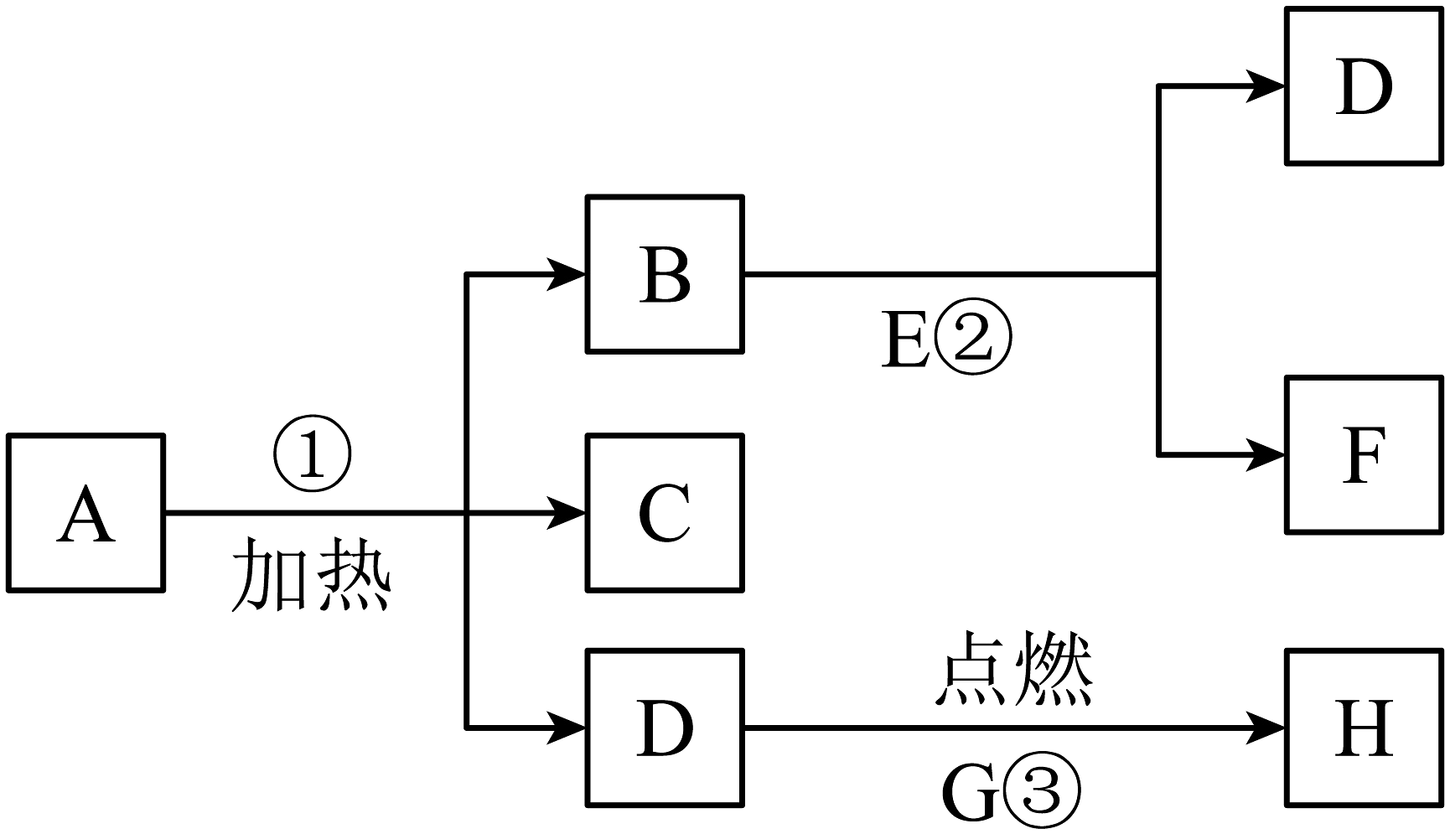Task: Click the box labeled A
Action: [x=85, y=513]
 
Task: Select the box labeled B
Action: [x=665, y=274]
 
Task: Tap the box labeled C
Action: [x=665, y=513]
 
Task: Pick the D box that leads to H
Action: [x=665, y=728]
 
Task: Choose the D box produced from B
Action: [x=1364, y=85]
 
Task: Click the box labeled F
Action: [x=1364, y=455]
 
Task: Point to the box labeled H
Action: [x=1364, y=728]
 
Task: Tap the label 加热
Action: [x=311, y=574]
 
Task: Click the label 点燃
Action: [x=1013, y=671]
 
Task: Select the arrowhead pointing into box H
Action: [x=1266, y=728]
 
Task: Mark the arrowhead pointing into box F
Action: [x=1266, y=455]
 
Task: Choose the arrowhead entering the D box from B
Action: [x=1266, y=85]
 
